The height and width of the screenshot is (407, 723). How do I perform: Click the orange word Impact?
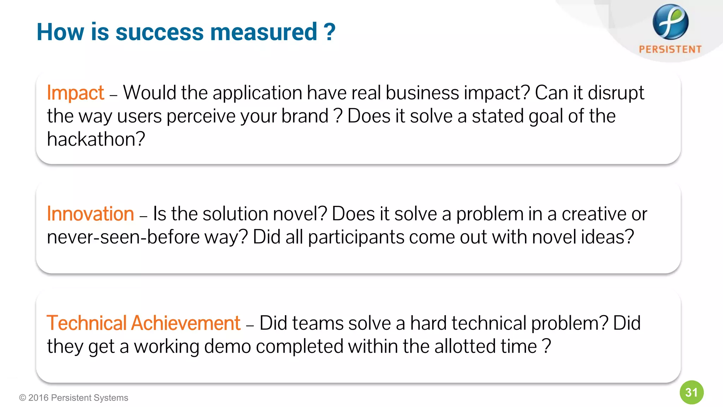click(75, 93)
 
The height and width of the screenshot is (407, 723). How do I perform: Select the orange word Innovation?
click(90, 214)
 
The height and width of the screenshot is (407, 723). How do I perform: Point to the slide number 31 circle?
click(691, 393)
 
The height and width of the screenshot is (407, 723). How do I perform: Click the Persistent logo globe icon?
click(670, 22)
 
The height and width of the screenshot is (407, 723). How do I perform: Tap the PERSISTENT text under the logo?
click(670, 49)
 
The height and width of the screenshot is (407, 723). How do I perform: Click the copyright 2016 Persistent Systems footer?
click(73, 398)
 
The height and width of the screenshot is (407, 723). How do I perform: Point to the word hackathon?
click(95, 139)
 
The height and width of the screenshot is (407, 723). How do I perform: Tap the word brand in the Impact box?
click(305, 116)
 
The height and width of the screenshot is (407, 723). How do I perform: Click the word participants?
click(356, 237)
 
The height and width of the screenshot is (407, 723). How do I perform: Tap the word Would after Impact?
click(150, 93)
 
